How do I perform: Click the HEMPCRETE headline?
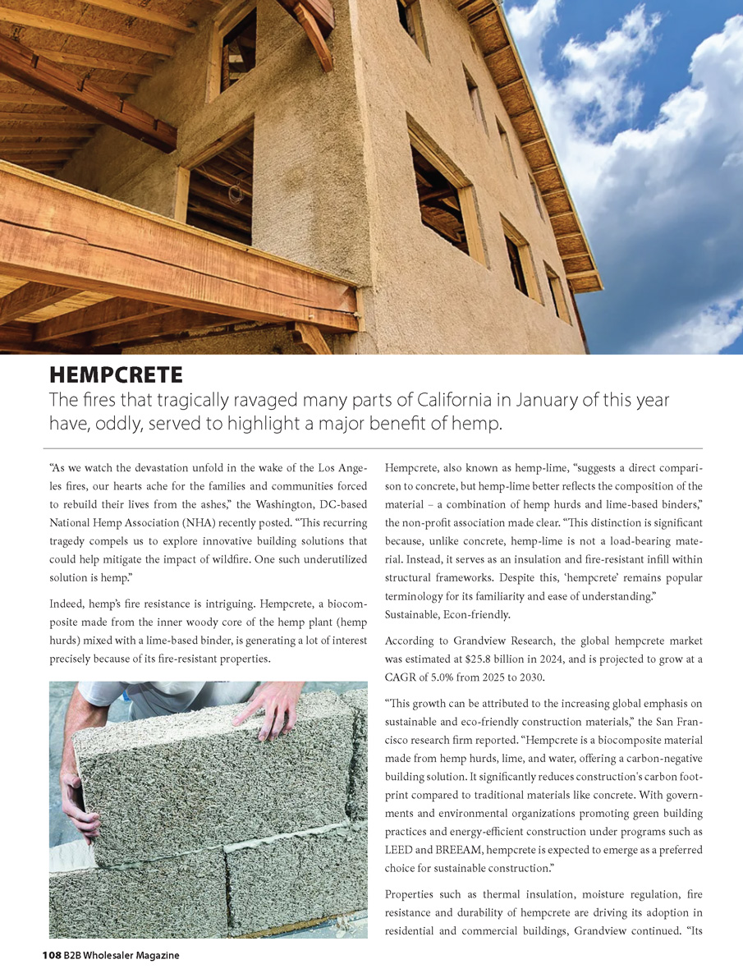116,376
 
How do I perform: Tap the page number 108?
52,955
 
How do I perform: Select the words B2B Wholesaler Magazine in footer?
122,955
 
